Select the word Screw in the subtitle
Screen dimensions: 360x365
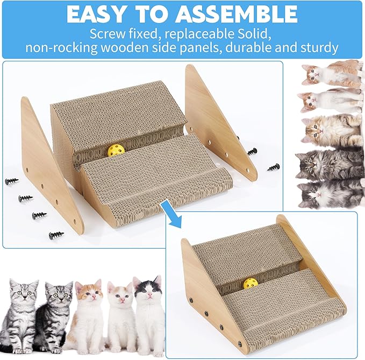pyautogui.click(x=110, y=33)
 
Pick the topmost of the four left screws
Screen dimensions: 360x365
pyautogui.click(x=12, y=181)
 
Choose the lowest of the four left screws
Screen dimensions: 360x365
pyautogui.click(x=56, y=235)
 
